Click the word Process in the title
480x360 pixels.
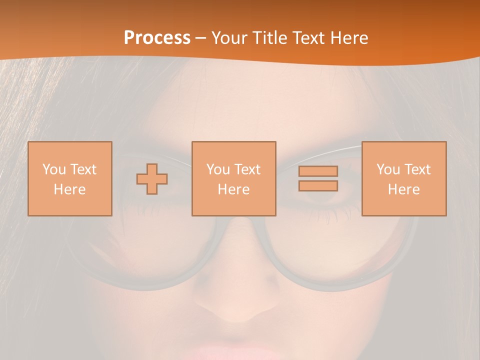pos(157,38)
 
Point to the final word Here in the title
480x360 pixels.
pos(350,38)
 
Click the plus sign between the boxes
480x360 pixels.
pos(152,179)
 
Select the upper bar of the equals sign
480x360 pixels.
pos(318,171)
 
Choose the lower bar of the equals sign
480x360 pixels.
pos(318,185)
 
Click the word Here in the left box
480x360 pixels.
pos(70,189)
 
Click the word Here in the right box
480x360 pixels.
pos(404,189)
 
